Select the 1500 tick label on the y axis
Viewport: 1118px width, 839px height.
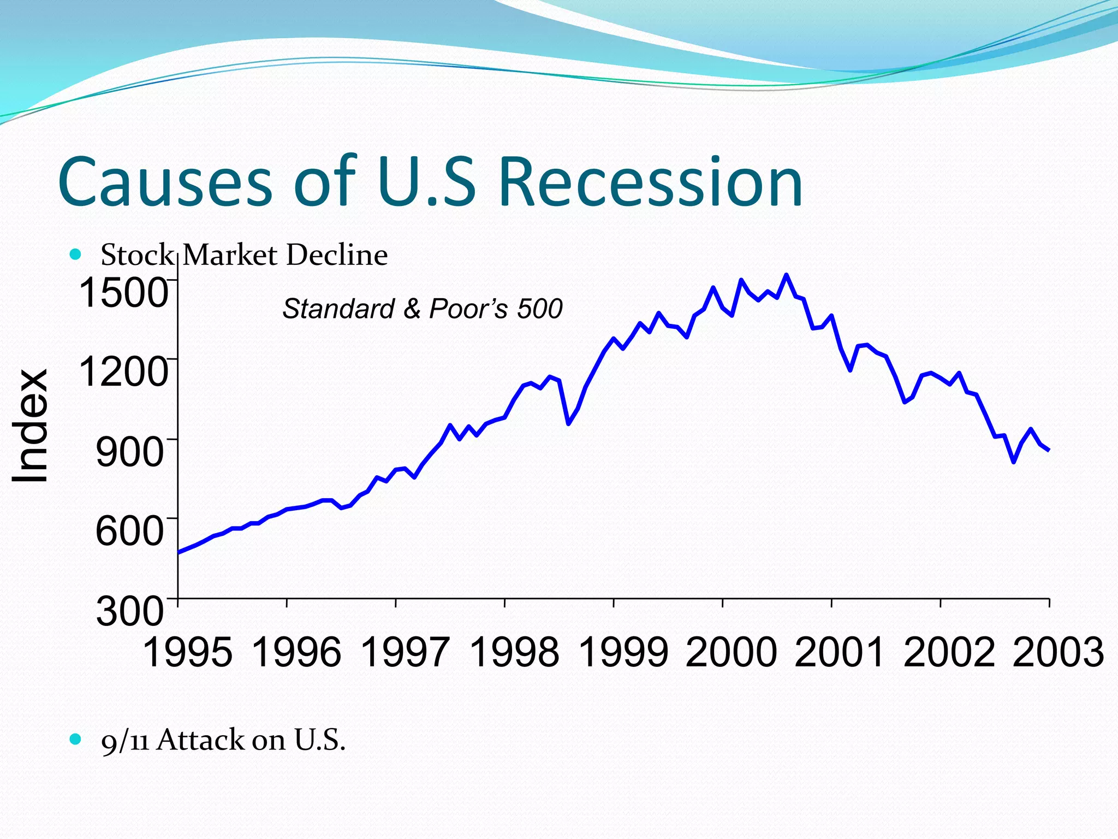pos(123,292)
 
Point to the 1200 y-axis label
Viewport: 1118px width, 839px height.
pos(123,371)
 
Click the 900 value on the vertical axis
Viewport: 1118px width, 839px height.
pos(130,451)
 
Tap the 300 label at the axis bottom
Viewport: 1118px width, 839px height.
pos(130,611)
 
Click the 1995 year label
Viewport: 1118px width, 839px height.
pos(187,652)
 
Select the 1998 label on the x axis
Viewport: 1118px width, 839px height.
pos(514,652)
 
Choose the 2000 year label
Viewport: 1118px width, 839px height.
pos(732,652)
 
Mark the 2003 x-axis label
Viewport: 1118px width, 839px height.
pos(1058,652)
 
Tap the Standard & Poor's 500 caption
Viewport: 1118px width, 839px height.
pos(422,309)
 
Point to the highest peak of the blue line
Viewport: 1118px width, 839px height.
pos(786,275)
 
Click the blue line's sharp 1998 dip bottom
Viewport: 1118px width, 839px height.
pos(568,423)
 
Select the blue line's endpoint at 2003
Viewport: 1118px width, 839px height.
pos(1048,450)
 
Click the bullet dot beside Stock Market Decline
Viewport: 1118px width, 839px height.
pos(75,255)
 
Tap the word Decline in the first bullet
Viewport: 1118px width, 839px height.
pos(337,255)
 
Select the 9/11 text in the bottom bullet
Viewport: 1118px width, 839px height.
pos(125,741)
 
